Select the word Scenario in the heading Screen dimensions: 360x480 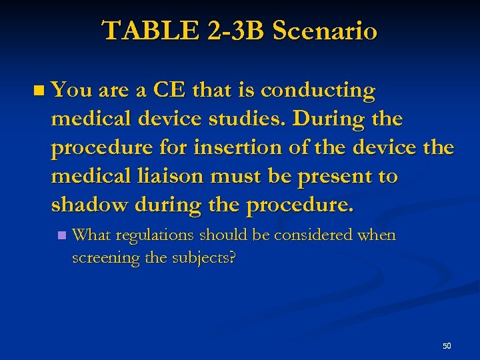coord(325,31)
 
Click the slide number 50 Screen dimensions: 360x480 coord(447,345)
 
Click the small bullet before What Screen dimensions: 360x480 coord(62,235)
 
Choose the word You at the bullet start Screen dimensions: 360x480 coord(70,90)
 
